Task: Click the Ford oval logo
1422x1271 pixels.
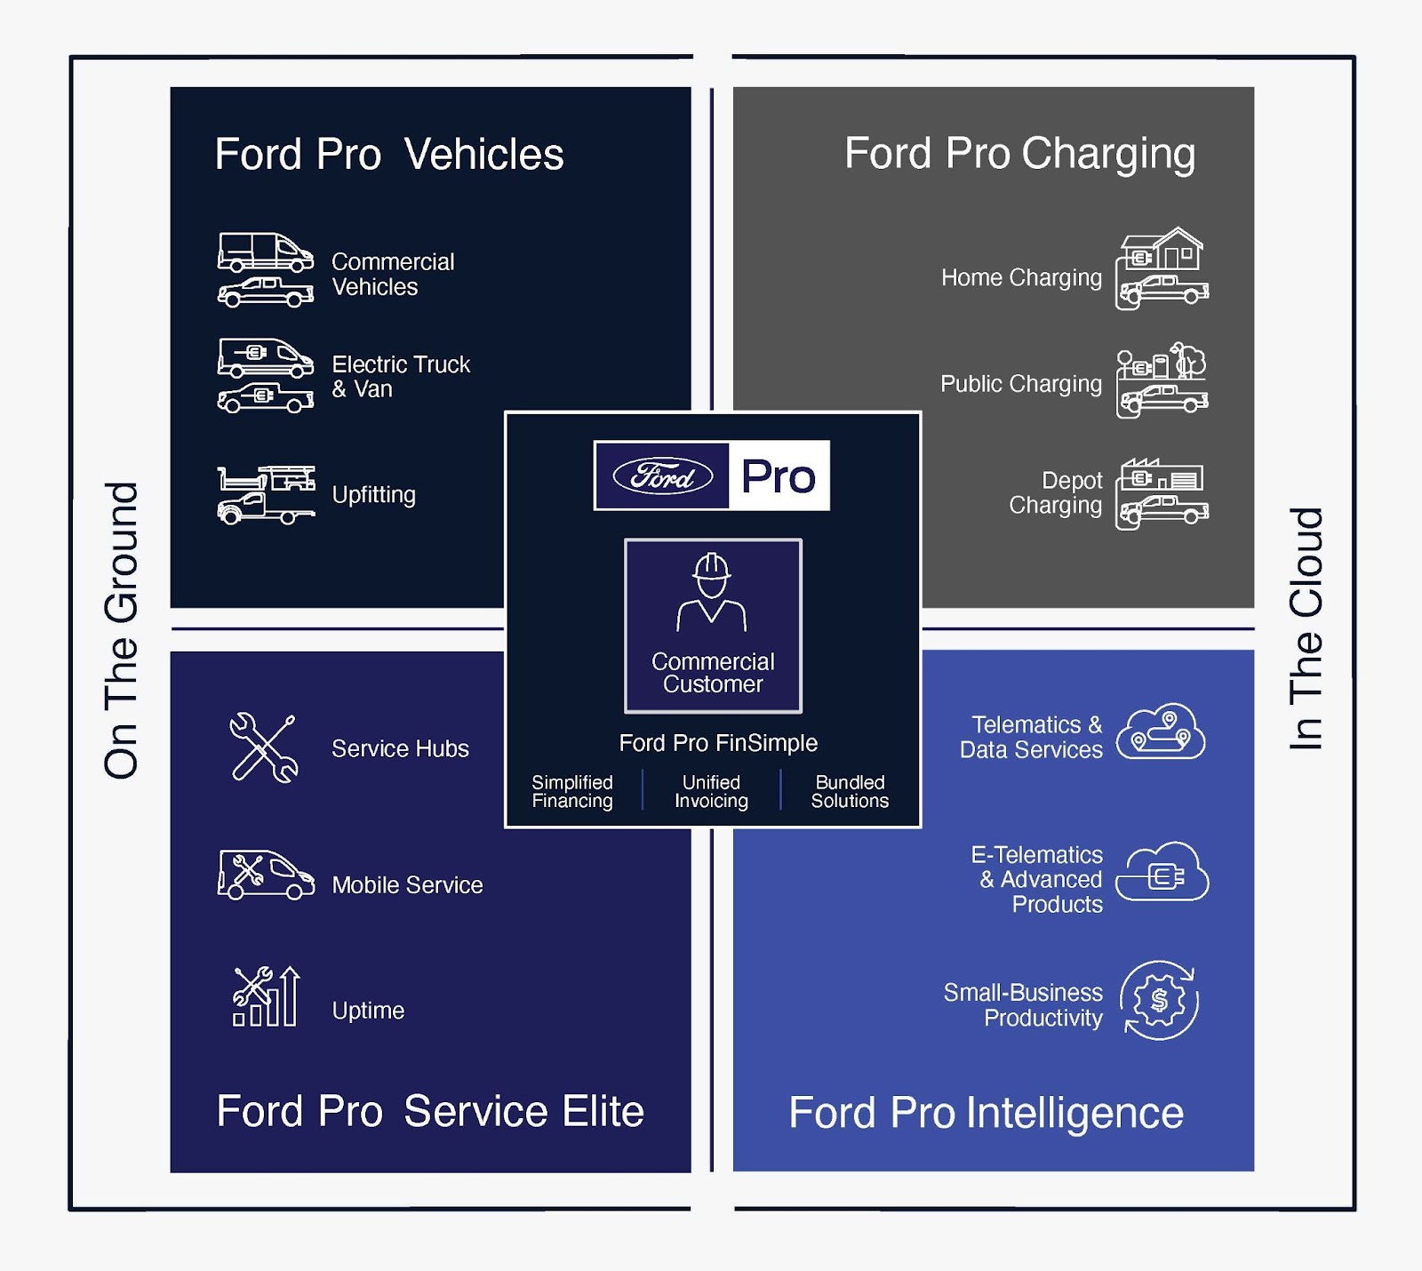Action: pyautogui.click(x=662, y=476)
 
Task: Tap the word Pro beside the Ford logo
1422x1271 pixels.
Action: pyautogui.click(x=779, y=476)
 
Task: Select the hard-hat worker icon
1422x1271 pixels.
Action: pyautogui.click(x=712, y=592)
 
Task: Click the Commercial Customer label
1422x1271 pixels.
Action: pyautogui.click(x=713, y=673)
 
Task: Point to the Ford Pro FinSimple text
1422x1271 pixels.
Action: pyautogui.click(x=718, y=743)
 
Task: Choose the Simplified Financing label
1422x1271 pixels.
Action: pyautogui.click(x=572, y=791)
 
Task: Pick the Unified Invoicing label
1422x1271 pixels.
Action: pyautogui.click(x=711, y=791)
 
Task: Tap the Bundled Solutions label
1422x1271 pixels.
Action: pyautogui.click(x=850, y=791)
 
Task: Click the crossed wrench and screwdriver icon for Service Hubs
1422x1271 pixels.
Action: pyautogui.click(x=263, y=748)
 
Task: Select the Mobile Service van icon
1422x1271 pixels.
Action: pyautogui.click(x=266, y=875)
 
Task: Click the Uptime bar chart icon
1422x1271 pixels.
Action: pyautogui.click(x=266, y=997)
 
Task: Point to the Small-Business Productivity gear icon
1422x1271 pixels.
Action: pyautogui.click(x=1159, y=1001)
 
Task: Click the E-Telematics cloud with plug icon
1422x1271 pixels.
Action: pyautogui.click(x=1162, y=873)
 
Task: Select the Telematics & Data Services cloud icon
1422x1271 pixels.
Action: pyautogui.click(x=1161, y=732)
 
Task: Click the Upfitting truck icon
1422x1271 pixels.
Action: pyautogui.click(x=266, y=495)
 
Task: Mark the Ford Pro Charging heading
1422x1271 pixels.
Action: pyautogui.click(x=1019, y=154)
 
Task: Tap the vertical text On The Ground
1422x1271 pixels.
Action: pyautogui.click(x=121, y=631)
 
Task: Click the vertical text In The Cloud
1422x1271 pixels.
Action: pyautogui.click(x=1306, y=628)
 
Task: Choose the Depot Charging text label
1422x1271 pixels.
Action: pyautogui.click(x=1056, y=492)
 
